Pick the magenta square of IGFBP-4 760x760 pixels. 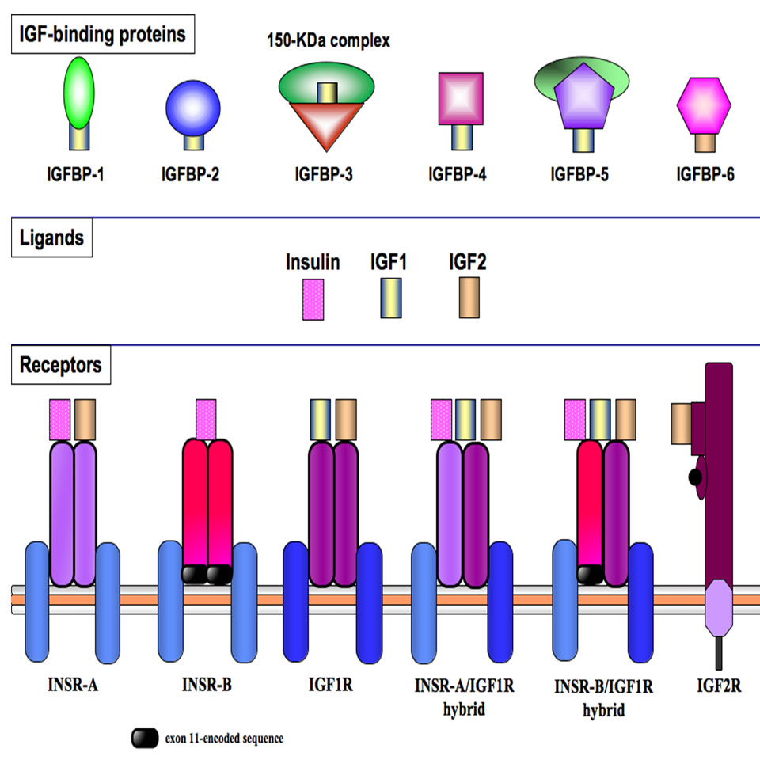(x=460, y=98)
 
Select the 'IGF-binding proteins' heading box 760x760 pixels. (x=103, y=36)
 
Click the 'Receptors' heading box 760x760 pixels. (x=62, y=366)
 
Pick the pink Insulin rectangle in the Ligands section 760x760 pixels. (x=313, y=298)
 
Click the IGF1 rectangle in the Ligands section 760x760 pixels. (x=389, y=298)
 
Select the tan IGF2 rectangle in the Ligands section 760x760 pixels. (x=466, y=298)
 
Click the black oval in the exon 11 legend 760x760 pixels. (x=145, y=739)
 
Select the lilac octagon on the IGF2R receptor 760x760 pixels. (x=719, y=607)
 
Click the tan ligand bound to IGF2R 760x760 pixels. (x=681, y=422)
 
